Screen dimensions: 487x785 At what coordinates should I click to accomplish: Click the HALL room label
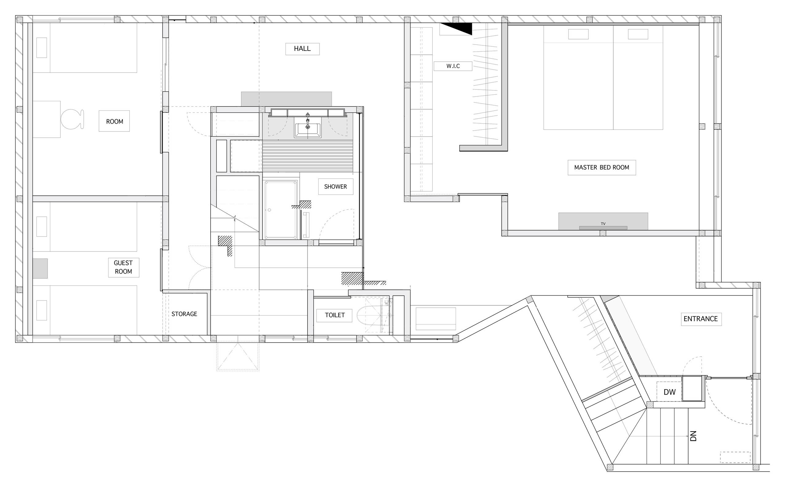302,49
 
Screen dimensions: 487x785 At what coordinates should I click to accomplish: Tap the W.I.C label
453,66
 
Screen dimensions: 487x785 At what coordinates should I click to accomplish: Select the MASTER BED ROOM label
601,167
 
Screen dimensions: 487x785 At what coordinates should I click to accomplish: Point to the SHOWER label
335,186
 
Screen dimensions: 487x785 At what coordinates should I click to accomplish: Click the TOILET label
335,315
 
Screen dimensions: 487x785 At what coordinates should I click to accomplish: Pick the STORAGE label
184,314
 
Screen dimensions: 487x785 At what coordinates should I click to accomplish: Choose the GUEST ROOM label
123,267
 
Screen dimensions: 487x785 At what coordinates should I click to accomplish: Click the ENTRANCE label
701,319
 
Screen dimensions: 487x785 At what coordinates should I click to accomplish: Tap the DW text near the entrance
669,392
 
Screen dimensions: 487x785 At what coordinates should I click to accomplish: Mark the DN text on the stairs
693,436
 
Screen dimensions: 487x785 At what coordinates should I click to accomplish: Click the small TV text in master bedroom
603,224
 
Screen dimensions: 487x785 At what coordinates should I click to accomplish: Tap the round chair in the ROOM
72,119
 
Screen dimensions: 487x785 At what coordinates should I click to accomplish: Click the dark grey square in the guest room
40,268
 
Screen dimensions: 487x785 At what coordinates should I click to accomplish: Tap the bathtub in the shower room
281,209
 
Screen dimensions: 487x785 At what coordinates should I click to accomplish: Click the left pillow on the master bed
578,34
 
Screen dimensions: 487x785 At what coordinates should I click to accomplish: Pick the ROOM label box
114,121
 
